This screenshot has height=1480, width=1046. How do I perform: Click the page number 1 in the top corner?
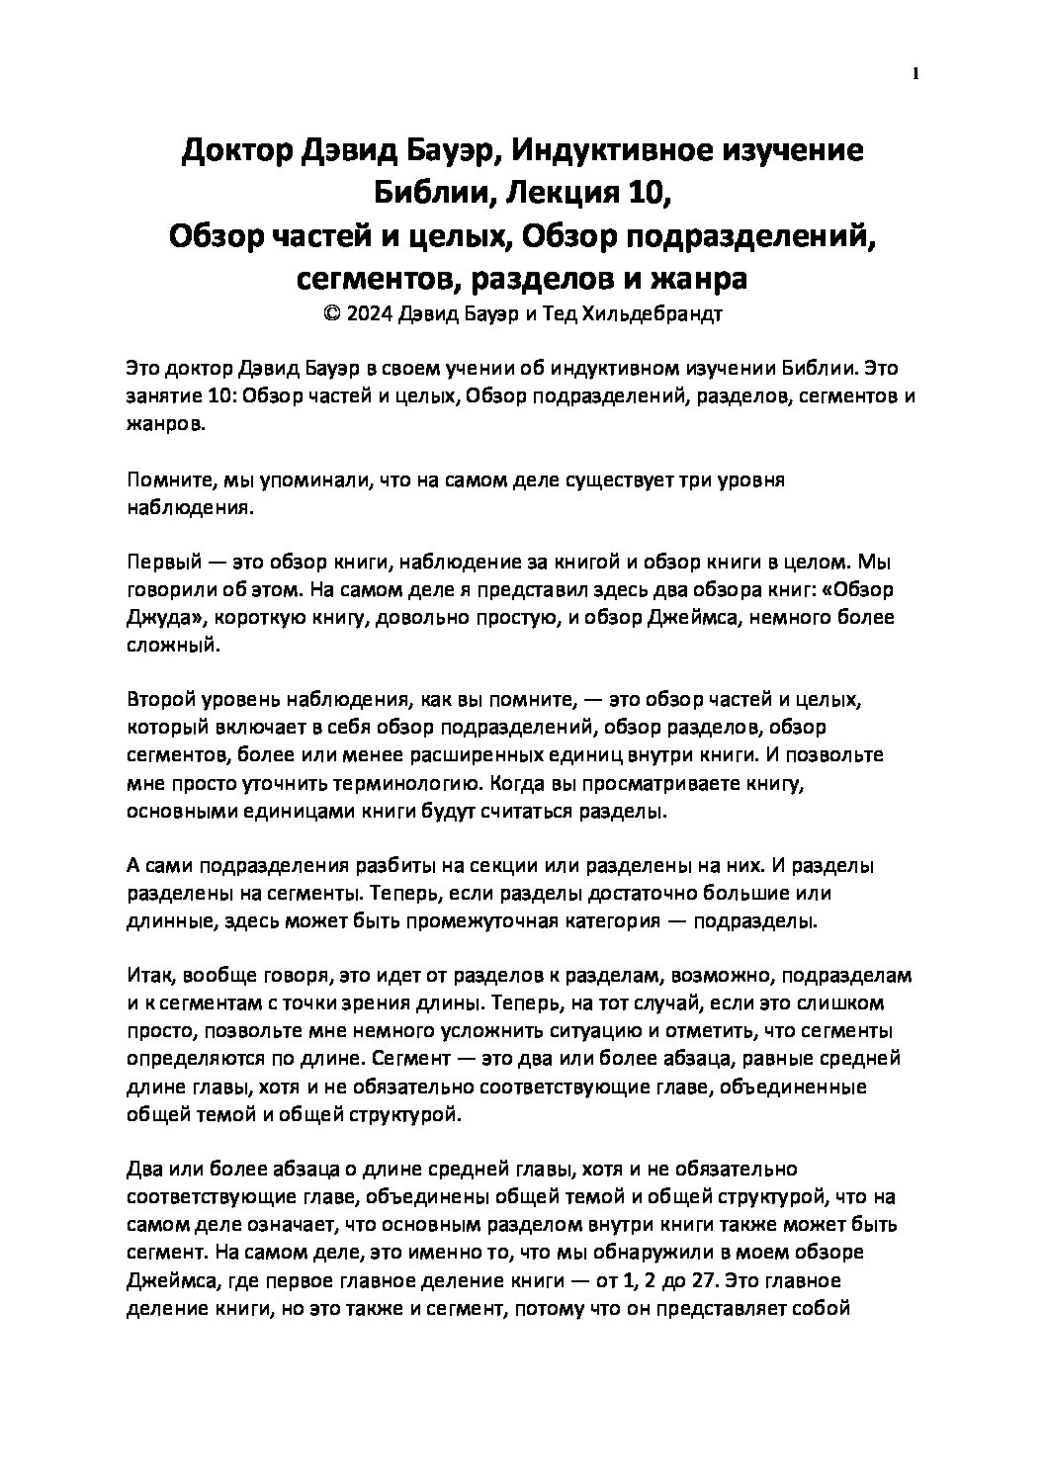pyautogui.click(x=916, y=72)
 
